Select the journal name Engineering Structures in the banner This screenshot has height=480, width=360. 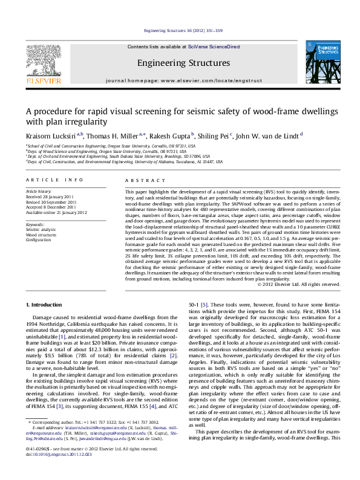point(183,63)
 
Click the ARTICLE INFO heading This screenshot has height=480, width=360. point(54,180)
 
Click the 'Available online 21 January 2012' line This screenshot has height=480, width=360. point(56,213)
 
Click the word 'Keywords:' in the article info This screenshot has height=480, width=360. point(36,224)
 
